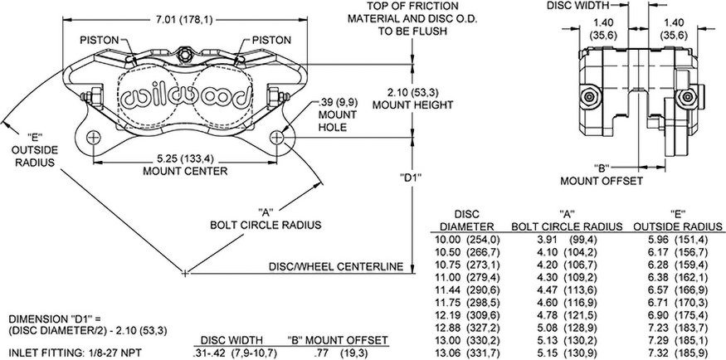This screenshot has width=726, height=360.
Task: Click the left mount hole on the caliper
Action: pyautogui.click(x=93, y=137)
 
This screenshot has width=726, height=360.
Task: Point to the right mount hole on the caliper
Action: pyautogui.click(x=286, y=137)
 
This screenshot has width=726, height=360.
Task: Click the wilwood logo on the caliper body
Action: pyautogui.click(x=186, y=98)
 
